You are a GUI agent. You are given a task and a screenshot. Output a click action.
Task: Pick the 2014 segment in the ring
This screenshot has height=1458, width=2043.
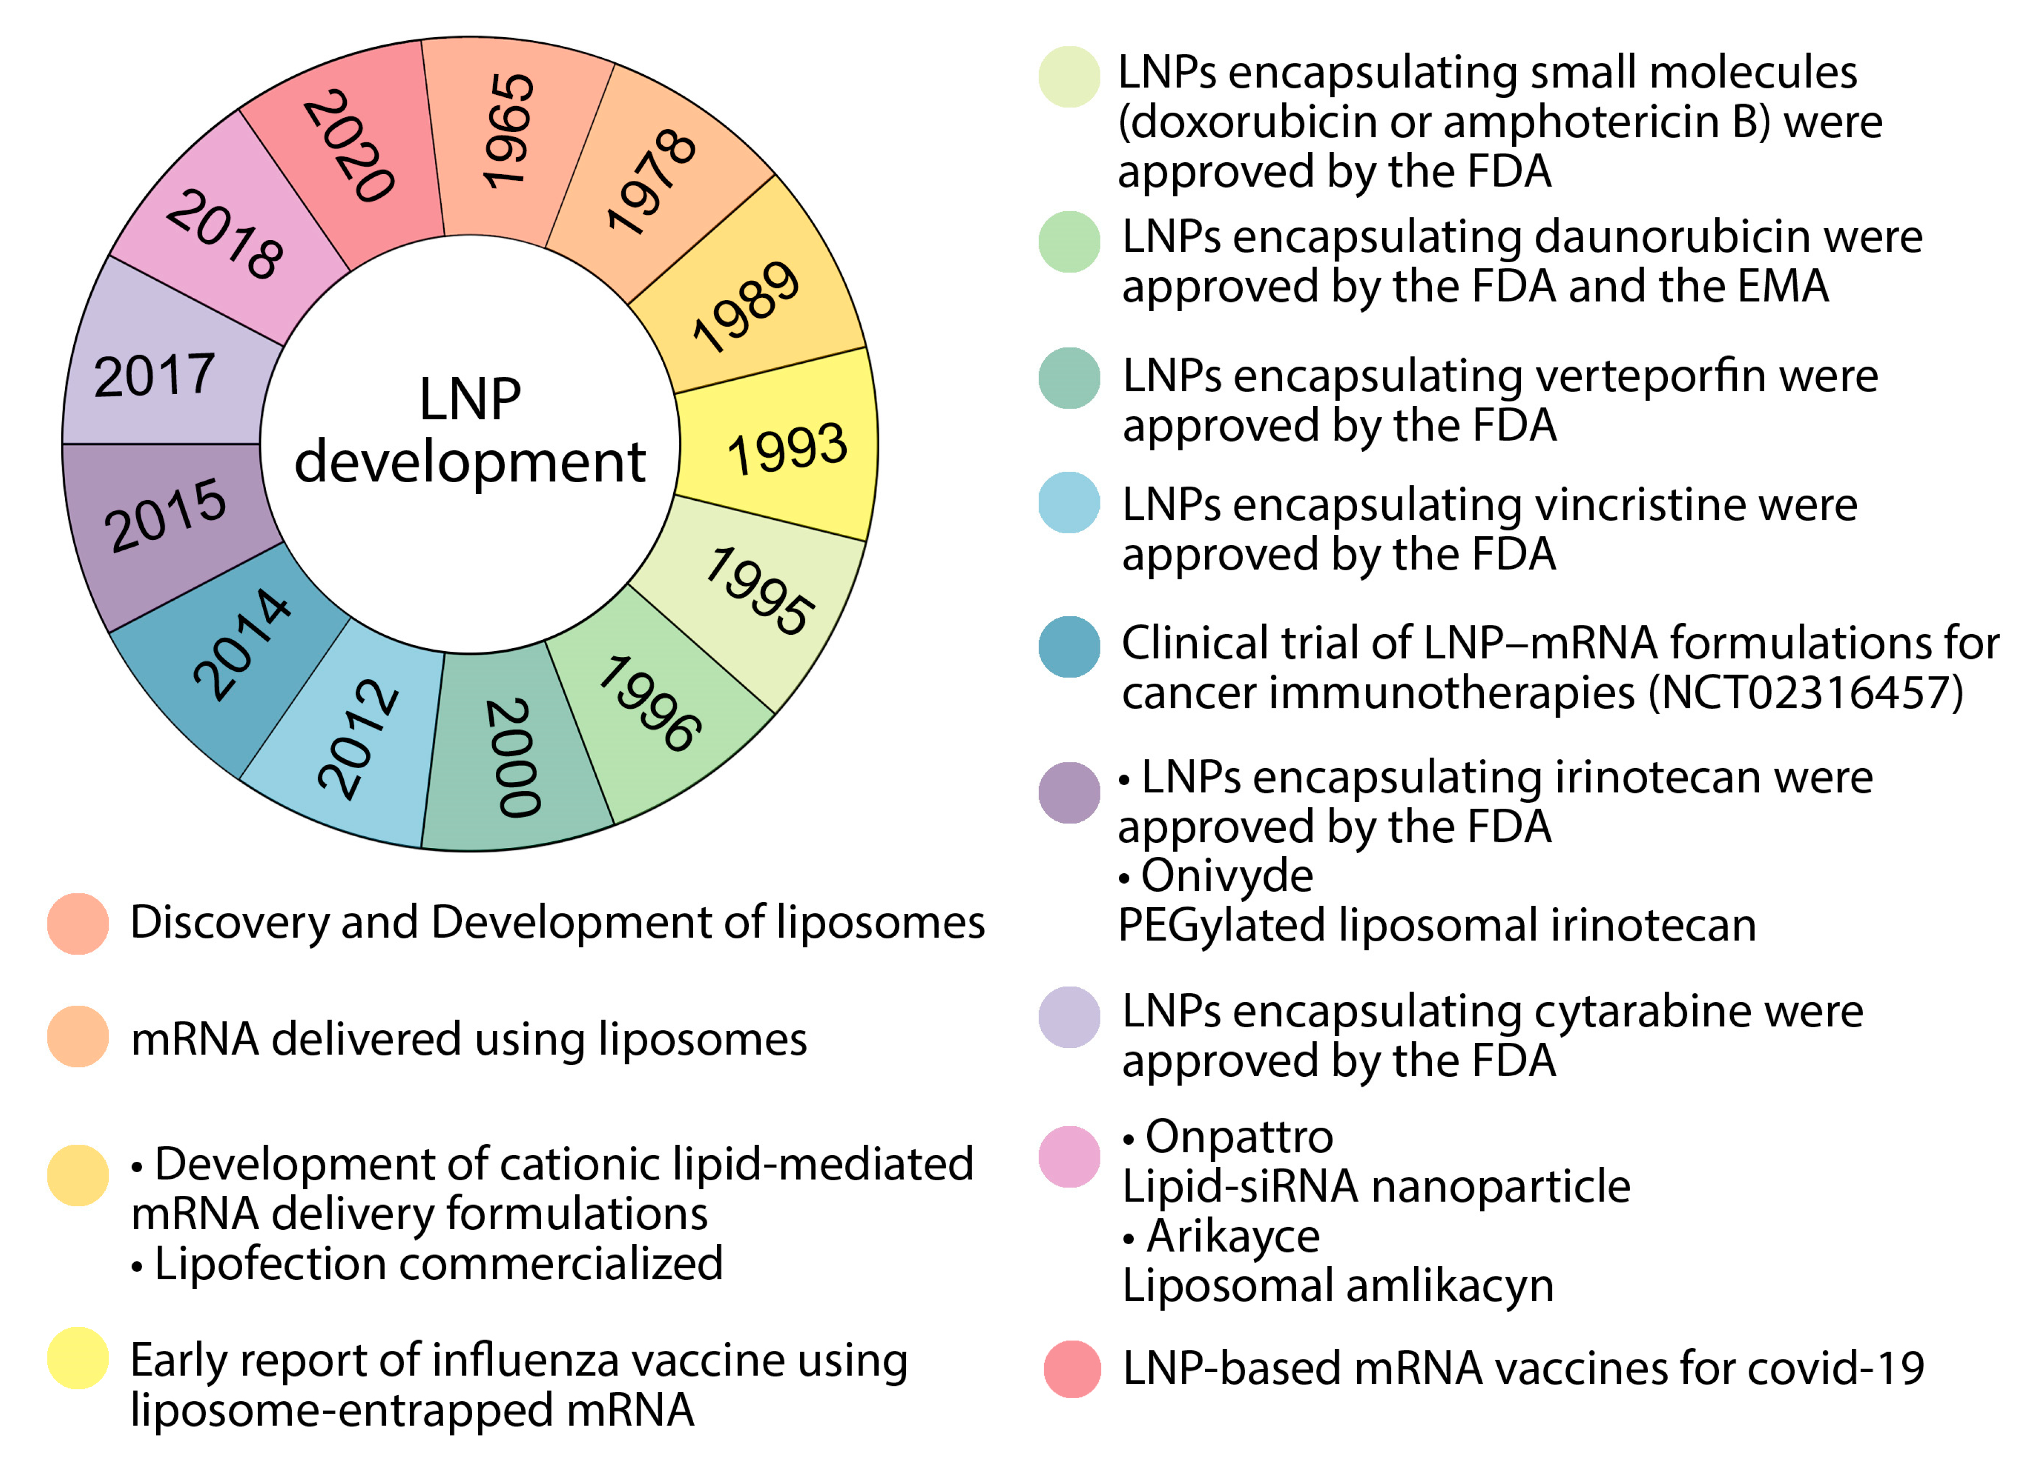pyautogui.click(x=242, y=645)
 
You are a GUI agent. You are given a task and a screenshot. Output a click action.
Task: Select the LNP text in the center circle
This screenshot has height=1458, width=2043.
pyautogui.click(x=470, y=399)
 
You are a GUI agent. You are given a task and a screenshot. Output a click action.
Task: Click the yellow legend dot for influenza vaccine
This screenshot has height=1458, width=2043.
pyautogui.click(x=78, y=1358)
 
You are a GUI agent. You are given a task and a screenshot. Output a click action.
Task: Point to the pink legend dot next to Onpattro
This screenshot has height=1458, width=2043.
pyautogui.click(x=1068, y=1156)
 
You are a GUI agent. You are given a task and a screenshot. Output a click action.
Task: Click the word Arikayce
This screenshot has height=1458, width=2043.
pyautogui.click(x=1233, y=1236)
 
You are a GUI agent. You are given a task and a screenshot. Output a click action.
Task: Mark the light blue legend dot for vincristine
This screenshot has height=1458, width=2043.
pyautogui.click(x=1068, y=503)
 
